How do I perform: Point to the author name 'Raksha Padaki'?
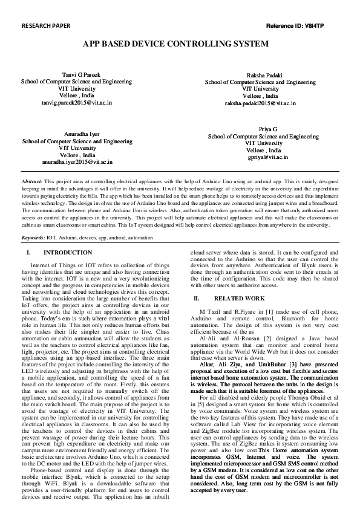[260, 73]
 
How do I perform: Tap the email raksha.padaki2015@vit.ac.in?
[260, 103]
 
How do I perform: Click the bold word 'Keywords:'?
[33, 238]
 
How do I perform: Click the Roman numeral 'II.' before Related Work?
[196, 299]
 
